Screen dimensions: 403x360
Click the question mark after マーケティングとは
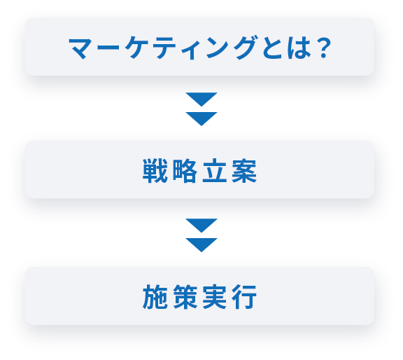pyautogui.click(x=323, y=48)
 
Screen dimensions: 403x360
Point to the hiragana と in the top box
pyautogui.click(x=272, y=48)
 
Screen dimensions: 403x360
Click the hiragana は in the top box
pyautogui.click(x=299, y=48)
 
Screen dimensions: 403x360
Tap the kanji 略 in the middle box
pyautogui.click(x=185, y=171)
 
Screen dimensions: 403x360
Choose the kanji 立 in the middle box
pyautogui.click(x=215, y=171)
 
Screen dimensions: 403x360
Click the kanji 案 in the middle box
pyautogui.click(x=244, y=171)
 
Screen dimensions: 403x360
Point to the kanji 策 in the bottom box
pyautogui.click(x=185, y=297)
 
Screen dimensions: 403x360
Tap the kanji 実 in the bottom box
pyautogui.click(x=215, y=297)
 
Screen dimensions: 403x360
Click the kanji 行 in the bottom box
pyautogui.click(x=244, y=297)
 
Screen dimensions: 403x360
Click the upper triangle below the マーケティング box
pyautogui.click(x=201, y=97)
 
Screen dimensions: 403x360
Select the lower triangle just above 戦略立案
pyautogui.click(x=201, y=117)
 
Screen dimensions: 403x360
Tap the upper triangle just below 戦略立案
pyautogui.click(x=201, y=224)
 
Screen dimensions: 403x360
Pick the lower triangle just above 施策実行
pyautogui.click(x=201, y=243)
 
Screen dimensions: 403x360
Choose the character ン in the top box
pyautogui.click(x=218, y=48)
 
